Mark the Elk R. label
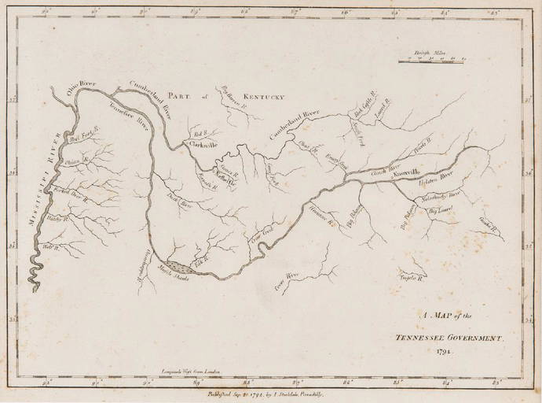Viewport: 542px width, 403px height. coord(200,255)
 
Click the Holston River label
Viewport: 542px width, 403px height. coord(438,180)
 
